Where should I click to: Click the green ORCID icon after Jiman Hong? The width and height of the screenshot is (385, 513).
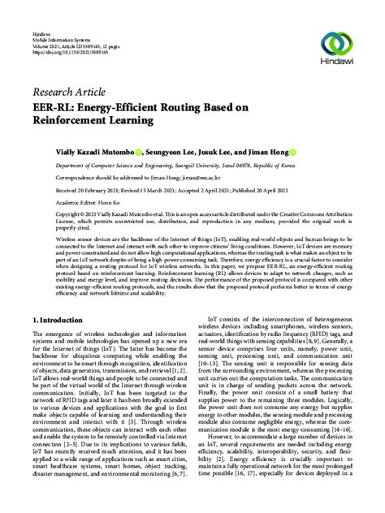tap(292, 152)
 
